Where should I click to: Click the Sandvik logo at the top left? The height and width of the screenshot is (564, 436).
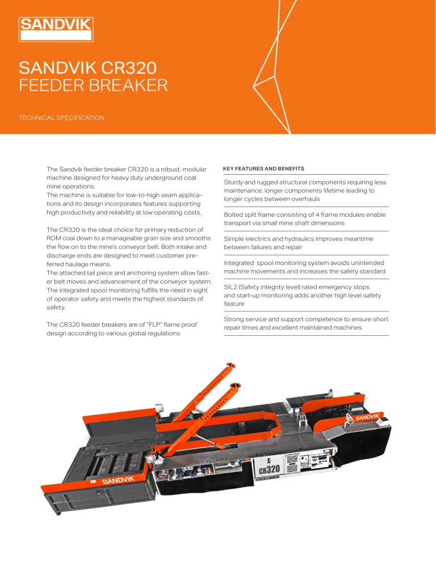[57, 29]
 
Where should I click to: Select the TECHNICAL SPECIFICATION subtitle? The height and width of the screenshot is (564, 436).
[62, 117]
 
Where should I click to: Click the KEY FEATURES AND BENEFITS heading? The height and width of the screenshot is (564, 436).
[264, 169]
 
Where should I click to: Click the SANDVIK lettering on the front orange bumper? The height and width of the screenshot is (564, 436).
[119, 481]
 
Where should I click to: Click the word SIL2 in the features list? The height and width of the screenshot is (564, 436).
[232, 287]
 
